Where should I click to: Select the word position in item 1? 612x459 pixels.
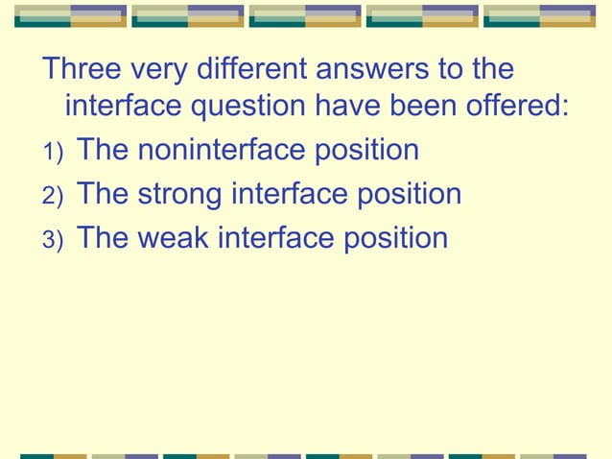click(x=371, y=151)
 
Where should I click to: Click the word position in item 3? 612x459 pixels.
click(x=399, y=238)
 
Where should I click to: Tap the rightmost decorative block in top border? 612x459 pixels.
click(x=540, y=15)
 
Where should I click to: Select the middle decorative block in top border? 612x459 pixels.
click(x=305, y=15)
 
